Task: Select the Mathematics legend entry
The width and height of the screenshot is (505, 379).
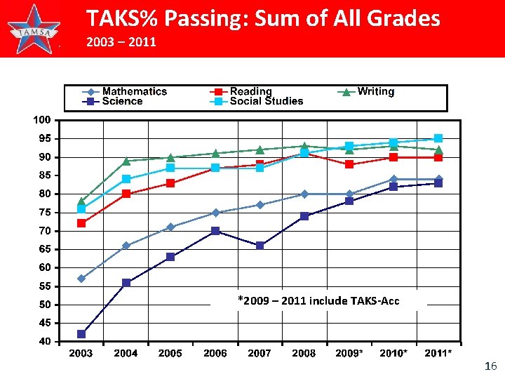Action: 126,91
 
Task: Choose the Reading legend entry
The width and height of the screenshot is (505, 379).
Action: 243,91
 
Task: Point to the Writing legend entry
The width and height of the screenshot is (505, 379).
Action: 368,91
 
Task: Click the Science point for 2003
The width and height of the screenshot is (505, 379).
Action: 81,334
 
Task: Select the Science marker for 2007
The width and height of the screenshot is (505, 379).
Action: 260,246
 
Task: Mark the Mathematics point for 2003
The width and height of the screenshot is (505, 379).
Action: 81,279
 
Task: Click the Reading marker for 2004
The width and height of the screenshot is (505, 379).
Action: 126,194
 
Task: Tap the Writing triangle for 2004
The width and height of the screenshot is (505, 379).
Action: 126,161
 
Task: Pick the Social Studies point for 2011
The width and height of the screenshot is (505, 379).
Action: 438,138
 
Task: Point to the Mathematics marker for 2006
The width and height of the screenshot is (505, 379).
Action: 215,213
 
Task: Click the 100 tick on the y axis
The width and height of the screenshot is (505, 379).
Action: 43,120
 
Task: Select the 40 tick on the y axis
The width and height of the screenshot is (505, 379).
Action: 44,342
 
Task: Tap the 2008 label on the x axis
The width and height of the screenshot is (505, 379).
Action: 304,354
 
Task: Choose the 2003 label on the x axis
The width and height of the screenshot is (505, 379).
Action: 81,354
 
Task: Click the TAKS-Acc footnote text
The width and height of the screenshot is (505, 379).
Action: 318,301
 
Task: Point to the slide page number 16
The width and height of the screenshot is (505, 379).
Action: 490,366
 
